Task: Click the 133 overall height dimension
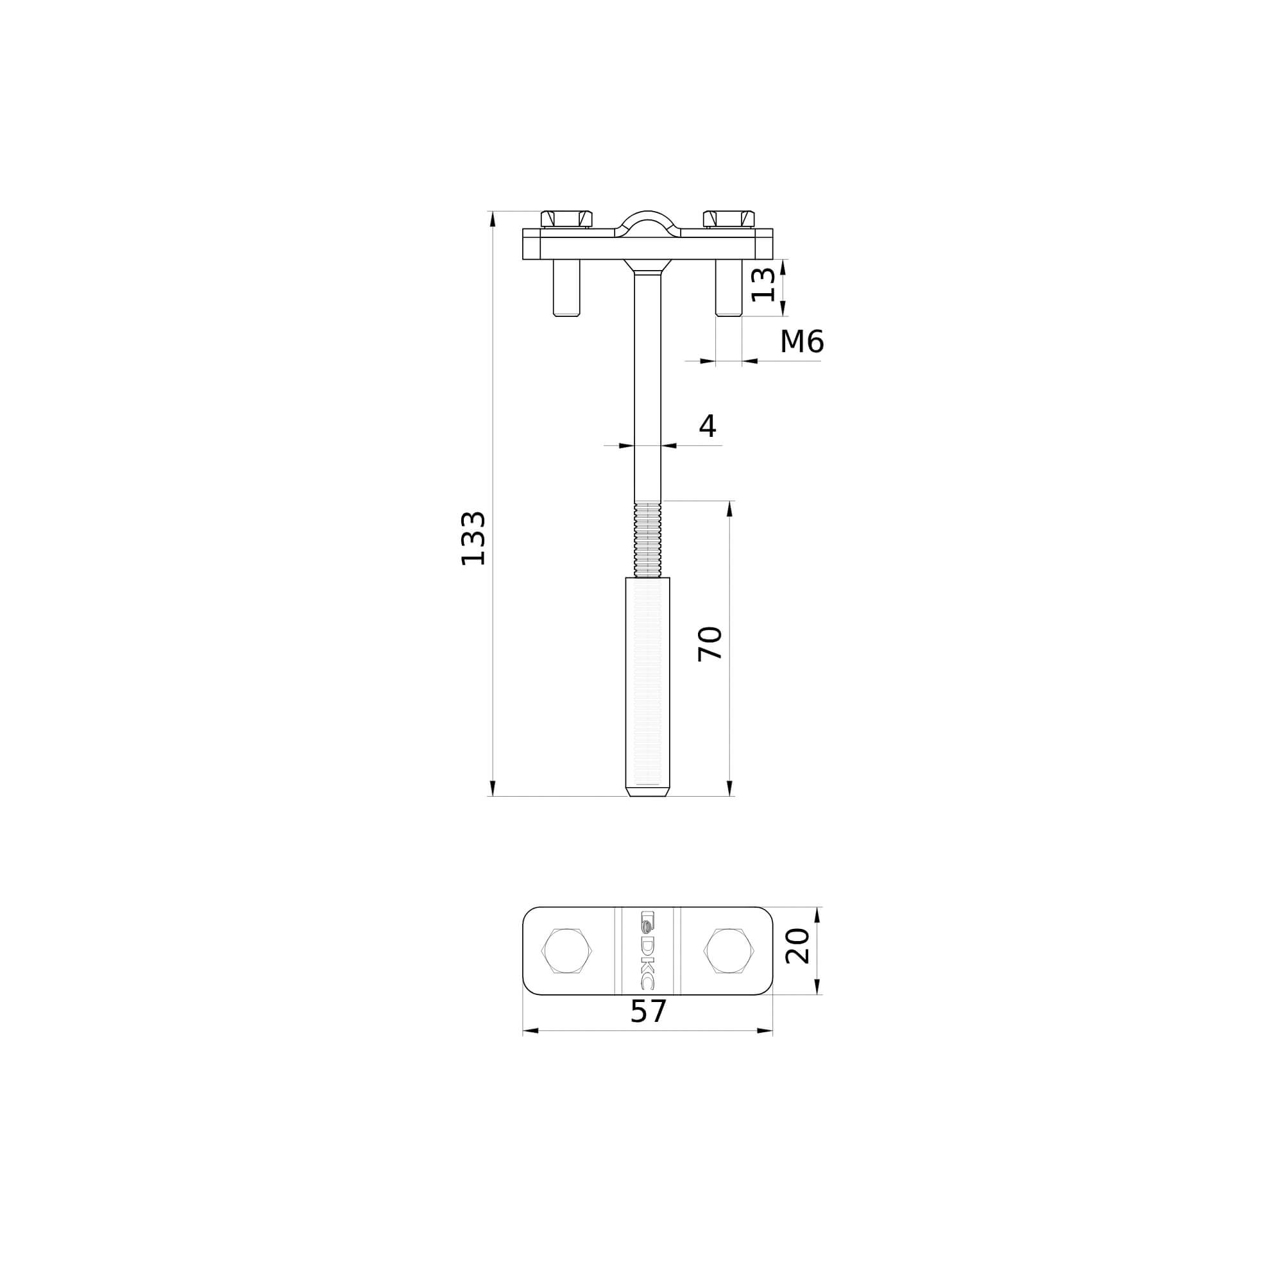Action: [x=473, y=539]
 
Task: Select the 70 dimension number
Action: [x=710, y=643]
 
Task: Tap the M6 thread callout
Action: [x=801, y=342]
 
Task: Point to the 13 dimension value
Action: [x=763, y=285]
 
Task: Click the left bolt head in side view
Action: [x=566, y=219]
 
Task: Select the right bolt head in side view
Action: [x=729, y=219]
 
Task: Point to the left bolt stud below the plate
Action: [x=566, y=287]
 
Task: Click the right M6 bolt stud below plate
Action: [x=729, y=287]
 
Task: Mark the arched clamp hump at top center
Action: [x=647, y=221]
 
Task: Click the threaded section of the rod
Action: [x=647, y=540]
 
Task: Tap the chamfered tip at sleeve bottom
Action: [x=647, y=791]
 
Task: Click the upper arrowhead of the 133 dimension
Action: [x=493, y=219]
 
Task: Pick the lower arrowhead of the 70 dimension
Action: [x=730, y=788]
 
